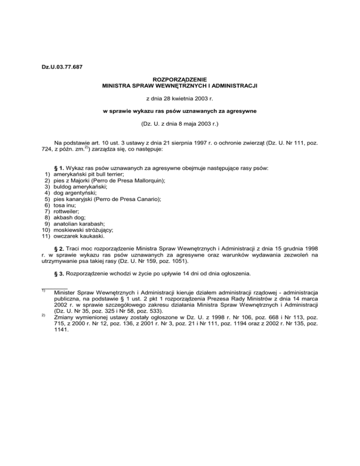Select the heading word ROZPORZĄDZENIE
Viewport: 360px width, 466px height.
point(180,80)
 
